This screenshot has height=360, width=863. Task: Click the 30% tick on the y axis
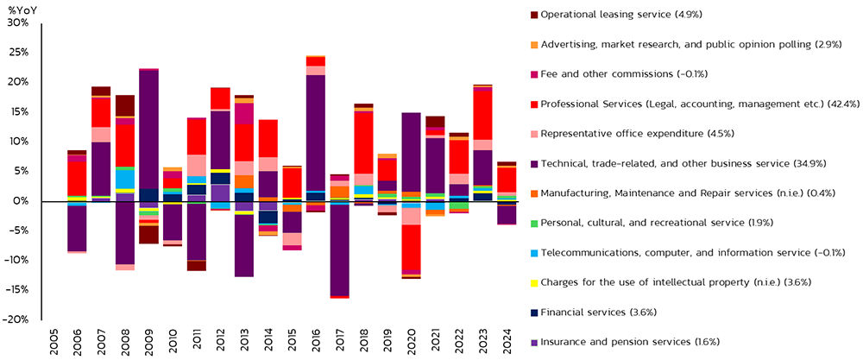click(18, 22)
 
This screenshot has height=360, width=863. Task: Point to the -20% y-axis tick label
click(17, 319)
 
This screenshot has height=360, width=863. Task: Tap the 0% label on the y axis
click(21, 201)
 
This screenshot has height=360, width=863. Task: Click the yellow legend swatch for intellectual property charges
click(533, 281)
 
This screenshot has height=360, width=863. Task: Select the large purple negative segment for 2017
click(340, 250)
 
